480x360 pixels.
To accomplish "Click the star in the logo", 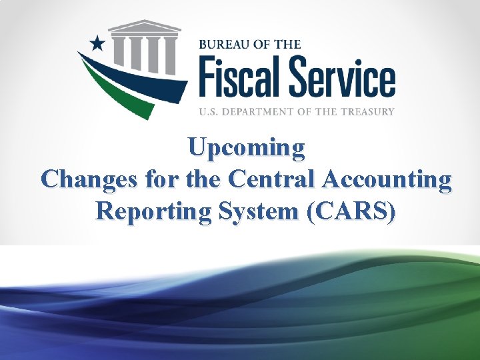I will point(97,44).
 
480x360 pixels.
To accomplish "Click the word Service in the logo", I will point(343,78).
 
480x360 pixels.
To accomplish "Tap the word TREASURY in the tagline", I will point(365,111).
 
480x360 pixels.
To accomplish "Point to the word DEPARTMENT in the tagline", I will point(263,111).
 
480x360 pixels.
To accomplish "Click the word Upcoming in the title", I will point(246,147).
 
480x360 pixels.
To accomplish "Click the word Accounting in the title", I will point(387,179).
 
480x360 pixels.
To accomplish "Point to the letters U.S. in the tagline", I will point(210,111).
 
